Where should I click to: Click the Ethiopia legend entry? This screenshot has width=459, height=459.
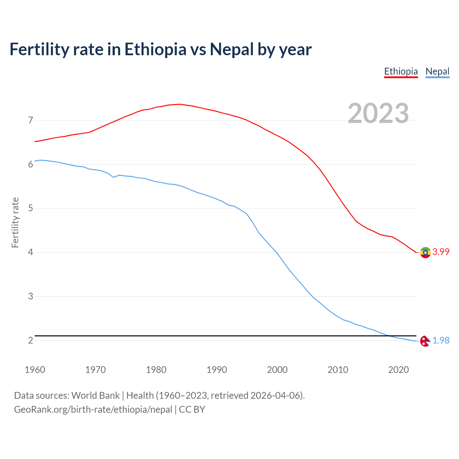(x=401, y=71)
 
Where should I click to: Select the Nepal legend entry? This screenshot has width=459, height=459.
(x=437, y=71)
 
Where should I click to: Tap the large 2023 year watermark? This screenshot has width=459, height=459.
(x=378, y=113)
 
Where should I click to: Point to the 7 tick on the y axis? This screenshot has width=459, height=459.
(x=30, y=120)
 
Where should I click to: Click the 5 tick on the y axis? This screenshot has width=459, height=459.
(x=30, y=208)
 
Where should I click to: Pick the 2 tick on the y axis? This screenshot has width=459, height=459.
(x=30, y=340)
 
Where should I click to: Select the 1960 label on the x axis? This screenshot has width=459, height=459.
(x=35, y=370)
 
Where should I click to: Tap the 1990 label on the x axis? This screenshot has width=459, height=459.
(x=217, y=370)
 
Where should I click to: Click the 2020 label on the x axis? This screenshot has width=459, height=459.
(x=398, y=370)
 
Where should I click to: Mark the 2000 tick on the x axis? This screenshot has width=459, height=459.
(x=277, y=370)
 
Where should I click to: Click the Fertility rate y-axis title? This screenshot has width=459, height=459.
(x=15, y=222)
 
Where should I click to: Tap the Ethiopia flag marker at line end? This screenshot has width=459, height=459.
(x=425, y=252)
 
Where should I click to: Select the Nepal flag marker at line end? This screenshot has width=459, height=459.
(x=425, y=341)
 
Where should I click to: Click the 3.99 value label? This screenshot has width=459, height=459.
(x=441, y=252)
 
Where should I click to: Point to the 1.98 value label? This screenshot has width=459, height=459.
(x=441, y=340)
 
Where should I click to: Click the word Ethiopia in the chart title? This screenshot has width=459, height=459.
(x=155, y=49)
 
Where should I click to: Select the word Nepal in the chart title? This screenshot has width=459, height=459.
(x=232, y=49)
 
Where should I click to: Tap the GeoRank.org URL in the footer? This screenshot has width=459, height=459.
(x=93, y=410)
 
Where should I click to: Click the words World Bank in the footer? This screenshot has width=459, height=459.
(x=95, y=396)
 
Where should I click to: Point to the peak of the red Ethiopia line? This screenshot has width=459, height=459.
(x=180, y=104)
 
